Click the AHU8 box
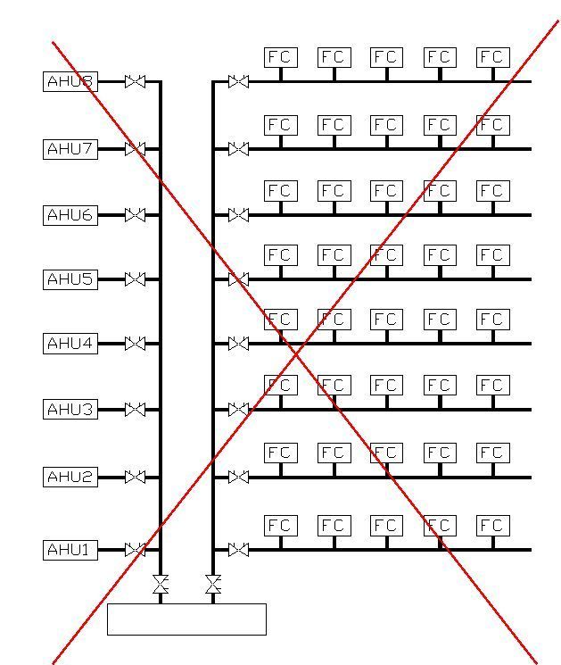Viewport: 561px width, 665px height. point(70,81)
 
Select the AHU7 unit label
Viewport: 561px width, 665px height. point(70,149)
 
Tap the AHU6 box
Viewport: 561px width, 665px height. point(70,215)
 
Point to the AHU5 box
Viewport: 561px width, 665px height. point(70,279)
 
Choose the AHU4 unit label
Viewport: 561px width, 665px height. point(70,344)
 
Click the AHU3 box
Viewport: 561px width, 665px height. point(70,409)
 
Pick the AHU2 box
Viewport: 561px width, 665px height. point(70,478)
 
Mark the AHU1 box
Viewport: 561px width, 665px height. point(70,550)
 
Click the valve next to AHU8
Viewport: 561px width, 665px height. point(136,81)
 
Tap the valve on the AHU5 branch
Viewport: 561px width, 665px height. point(136,279)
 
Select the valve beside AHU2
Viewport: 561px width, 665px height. point(136,478)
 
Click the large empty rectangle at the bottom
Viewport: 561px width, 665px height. point(187,619)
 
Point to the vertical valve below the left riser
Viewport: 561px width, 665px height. point(161,585)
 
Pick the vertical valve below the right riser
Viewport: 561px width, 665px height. point(213,585)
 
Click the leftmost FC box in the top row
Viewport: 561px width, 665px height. point(281,58)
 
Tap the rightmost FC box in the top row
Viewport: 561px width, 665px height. point(493,58)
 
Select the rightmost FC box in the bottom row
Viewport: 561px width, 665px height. point(493,526)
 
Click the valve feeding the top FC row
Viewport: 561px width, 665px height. point(238,81)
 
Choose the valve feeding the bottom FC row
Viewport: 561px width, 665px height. point(238,550)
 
